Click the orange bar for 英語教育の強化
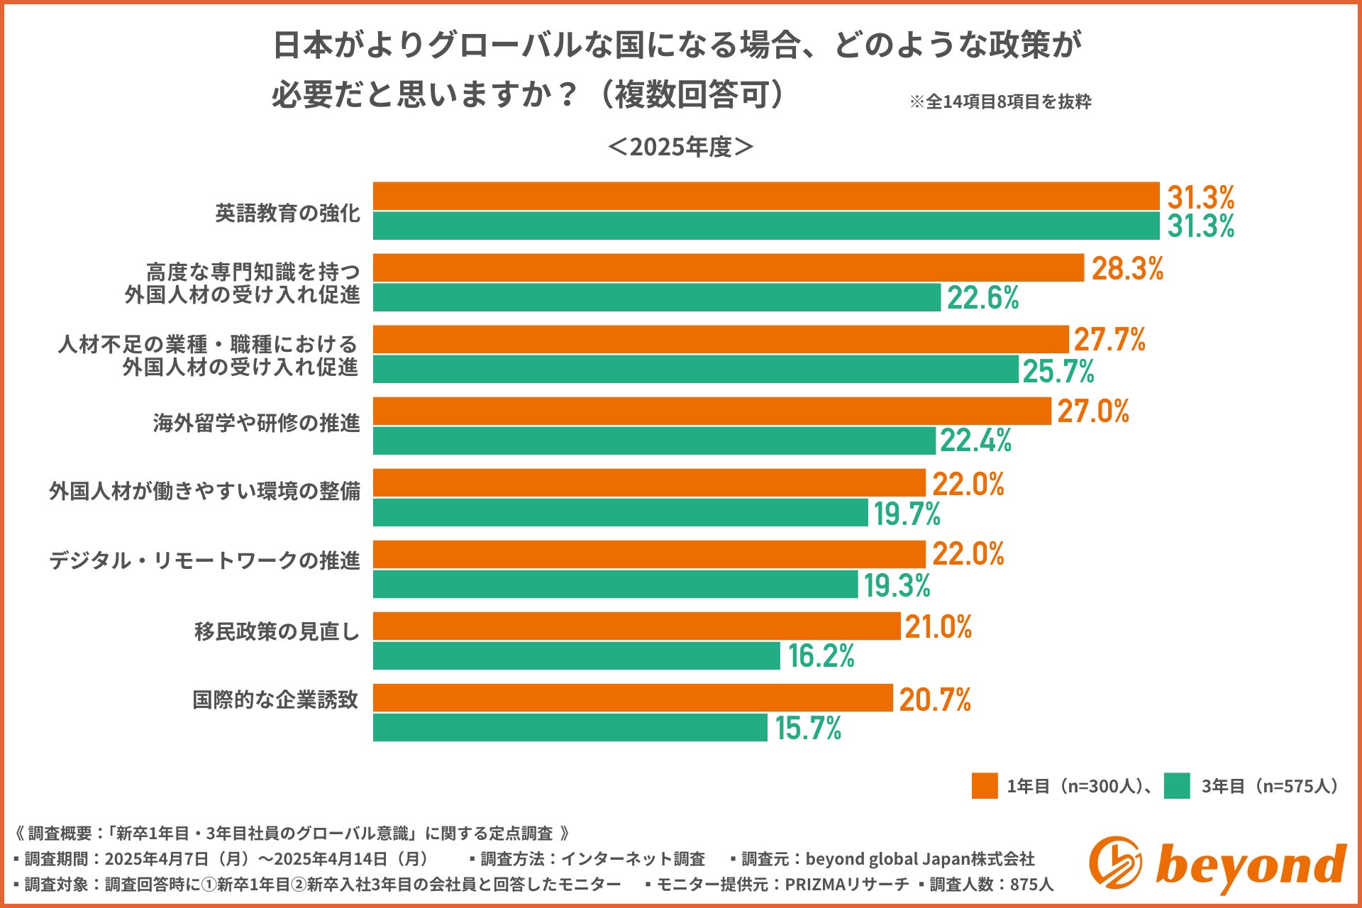click(766, 196)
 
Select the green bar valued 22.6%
click(657, 297)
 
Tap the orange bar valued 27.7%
click(721, 340)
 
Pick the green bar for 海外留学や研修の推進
click(654, 441)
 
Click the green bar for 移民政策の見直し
click(576, 655)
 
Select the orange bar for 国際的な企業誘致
click(633, 698)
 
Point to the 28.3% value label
click(1127, 269)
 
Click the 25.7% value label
click(1058, 371)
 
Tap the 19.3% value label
click(897, 585)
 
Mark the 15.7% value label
click(808, 729)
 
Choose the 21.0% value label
click(938, 627)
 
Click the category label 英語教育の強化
click(288, 213)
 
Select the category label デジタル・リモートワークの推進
click(204, 560)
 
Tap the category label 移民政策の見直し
click(277, 631)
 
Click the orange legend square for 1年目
click(985, 786)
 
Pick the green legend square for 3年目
click(1177, 786)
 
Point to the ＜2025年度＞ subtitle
click(681, 147)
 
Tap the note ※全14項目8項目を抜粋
click(1000, 102)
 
